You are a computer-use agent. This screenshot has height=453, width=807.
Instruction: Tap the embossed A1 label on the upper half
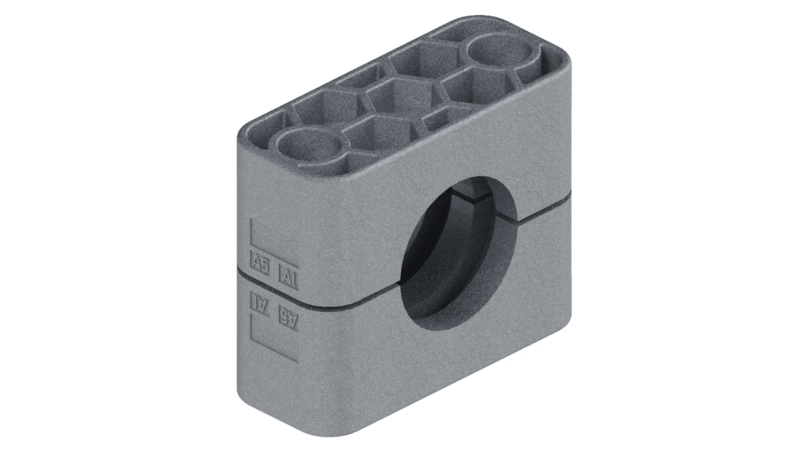[288, 278]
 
